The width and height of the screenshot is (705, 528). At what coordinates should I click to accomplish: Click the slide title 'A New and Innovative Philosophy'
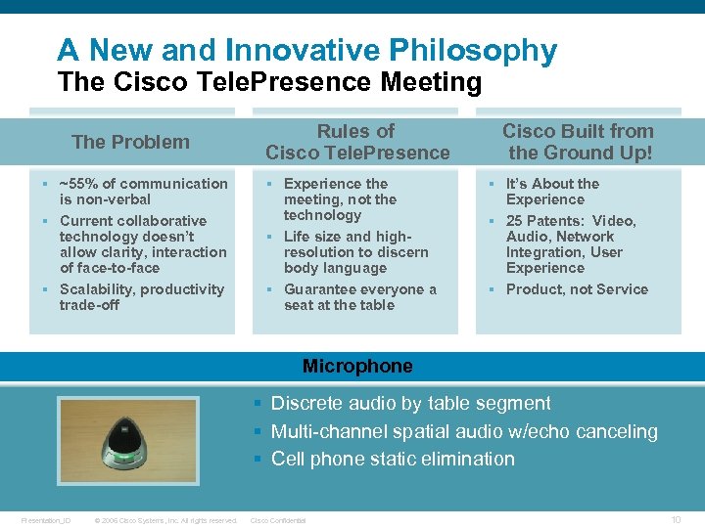pyautogui.click(x=306, y=50)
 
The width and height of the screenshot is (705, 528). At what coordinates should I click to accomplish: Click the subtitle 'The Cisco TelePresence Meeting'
pyautogui.click(x=269, y=82)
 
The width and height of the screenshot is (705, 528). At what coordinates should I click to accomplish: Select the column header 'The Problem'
pyautogui.click(x=130, y=142)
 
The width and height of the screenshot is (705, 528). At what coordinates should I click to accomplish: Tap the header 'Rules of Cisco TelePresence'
pyautogui.click(x=357, y=142)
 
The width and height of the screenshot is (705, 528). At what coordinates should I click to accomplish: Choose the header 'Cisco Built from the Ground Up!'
pyautogui.click(x=578, y=142)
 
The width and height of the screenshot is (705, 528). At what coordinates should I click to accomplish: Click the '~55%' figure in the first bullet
pyautogui.click(x=78, y=184)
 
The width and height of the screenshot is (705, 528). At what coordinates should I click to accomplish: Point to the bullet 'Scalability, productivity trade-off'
pyautogui.click(x=141, y=296)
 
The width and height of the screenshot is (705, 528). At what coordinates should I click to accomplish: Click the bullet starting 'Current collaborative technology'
pyautogui.click(x=142, y=243)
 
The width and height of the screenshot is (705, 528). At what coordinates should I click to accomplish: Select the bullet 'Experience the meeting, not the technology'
pyautogui.click(x=340, y=198)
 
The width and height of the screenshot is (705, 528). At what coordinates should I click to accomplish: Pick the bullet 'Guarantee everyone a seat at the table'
pyautogui.click(x=359, y=296)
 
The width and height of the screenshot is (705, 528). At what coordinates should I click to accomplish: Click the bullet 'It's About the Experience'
pyautogui.click(x=552, y=191)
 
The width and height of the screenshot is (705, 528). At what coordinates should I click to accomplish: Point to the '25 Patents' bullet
pyautogui.click(x=571, y=243)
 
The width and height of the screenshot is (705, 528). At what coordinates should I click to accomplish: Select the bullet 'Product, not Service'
pyautogui.click(x=577, y=289)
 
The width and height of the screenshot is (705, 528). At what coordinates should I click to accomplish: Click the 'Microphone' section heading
pyautogui.click(x=357, y=367)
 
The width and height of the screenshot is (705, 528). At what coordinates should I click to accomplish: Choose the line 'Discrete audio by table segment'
pyautogui.click(x=410, y=403)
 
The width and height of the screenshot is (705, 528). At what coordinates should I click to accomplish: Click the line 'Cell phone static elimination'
pyautogui.click(x=392, y=459)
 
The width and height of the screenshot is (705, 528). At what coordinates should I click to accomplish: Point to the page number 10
pyautogui.click(x=676, y=519)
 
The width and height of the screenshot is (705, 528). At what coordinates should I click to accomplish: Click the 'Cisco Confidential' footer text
pyautogui.click(x=279, y=520)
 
